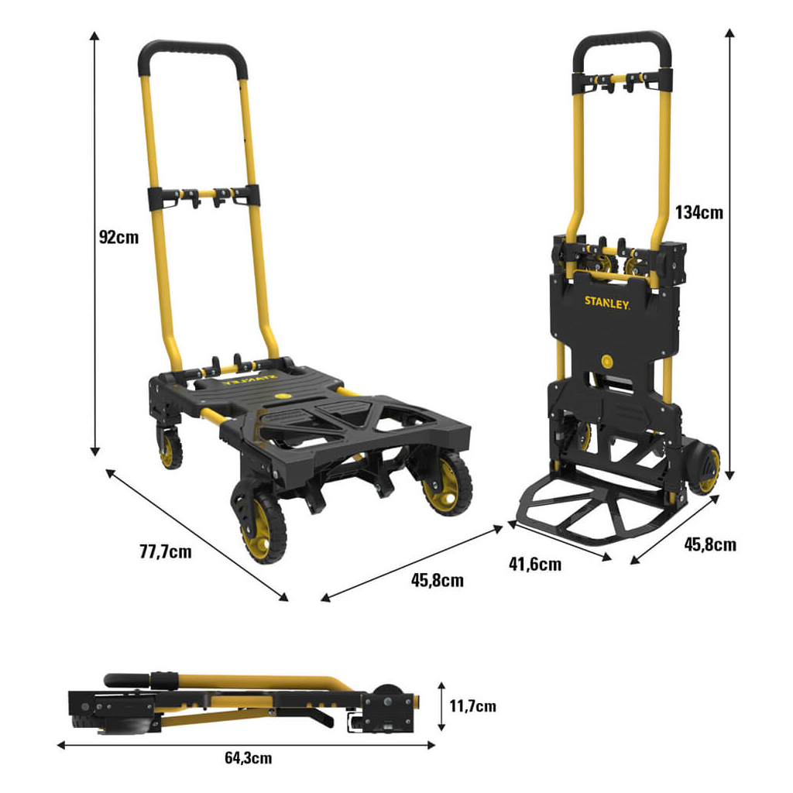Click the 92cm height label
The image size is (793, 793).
[118, 237]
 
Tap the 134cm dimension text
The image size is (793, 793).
[699, 212]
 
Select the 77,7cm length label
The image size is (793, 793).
[166, 551]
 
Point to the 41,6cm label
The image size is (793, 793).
[535, 564]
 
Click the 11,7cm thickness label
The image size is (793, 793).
[473, 705]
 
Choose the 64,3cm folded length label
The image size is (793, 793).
[249, 758]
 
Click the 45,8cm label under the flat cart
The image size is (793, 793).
[438, 580]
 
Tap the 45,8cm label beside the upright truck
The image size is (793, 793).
[710, 544]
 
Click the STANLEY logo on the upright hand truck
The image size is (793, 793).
[607, 303]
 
